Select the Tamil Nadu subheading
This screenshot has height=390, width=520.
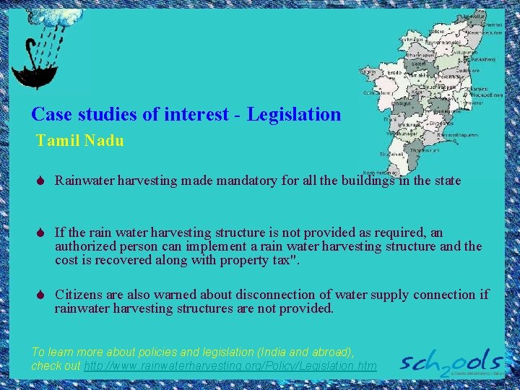(x=80, y=141)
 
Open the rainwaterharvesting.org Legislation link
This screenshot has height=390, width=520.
(x=230, y=366)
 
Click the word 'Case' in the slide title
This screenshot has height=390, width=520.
(x=49, y=114)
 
